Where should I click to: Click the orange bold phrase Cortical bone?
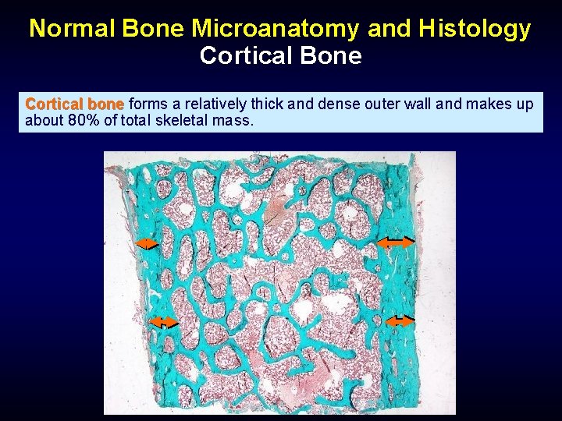[74, 104]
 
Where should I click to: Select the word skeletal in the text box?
[184, 121]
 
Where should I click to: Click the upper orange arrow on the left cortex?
[147, 245]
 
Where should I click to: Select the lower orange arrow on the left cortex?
[163, 322]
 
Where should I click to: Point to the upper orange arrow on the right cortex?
[395, 242]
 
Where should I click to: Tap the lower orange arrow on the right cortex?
[400, 320]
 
